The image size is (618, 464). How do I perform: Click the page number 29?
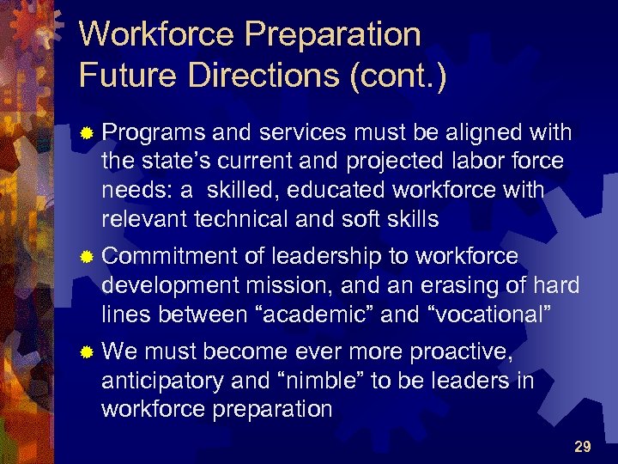coord(583,446)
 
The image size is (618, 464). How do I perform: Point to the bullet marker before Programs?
coord(86,134)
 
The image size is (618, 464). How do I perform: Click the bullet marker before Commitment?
coord(86,257)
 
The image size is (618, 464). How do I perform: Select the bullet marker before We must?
coord(86,352)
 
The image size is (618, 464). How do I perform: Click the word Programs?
coord(154,133)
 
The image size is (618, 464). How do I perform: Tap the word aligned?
coord(476,133)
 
